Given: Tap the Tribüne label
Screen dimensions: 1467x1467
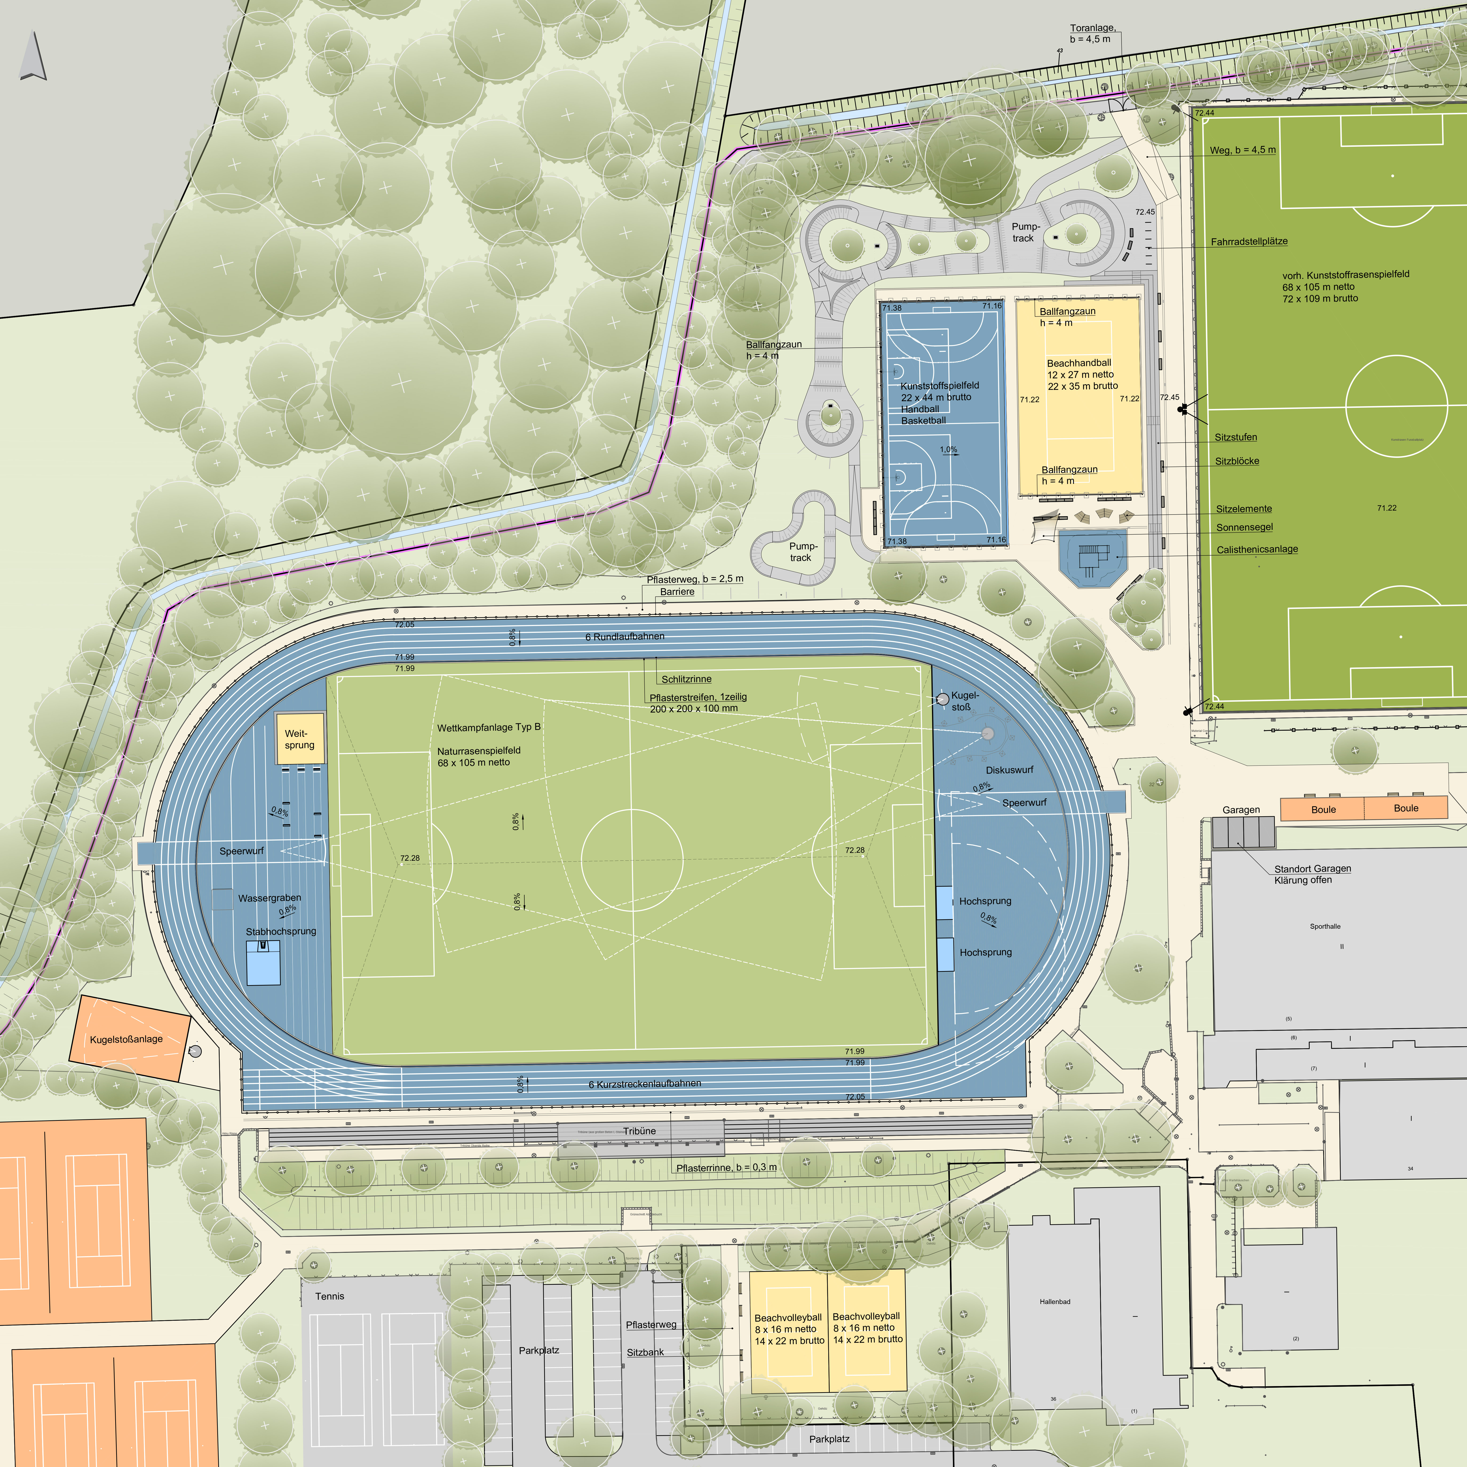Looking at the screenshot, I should click(639, 1131).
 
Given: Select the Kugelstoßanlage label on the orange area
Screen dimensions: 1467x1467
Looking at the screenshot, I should click(126, 1039).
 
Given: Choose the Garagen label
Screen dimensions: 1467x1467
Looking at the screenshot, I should click(1241, 809).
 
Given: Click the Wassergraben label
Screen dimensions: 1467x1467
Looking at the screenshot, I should click(270, 897).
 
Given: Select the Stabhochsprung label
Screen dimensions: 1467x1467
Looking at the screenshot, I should click(281, 931).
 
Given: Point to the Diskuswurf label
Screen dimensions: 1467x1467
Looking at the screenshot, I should click(1009, 769).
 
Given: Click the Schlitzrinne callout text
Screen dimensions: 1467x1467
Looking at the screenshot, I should click(686, 679).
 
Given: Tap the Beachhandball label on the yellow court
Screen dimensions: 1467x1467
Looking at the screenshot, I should click(1078, 363).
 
